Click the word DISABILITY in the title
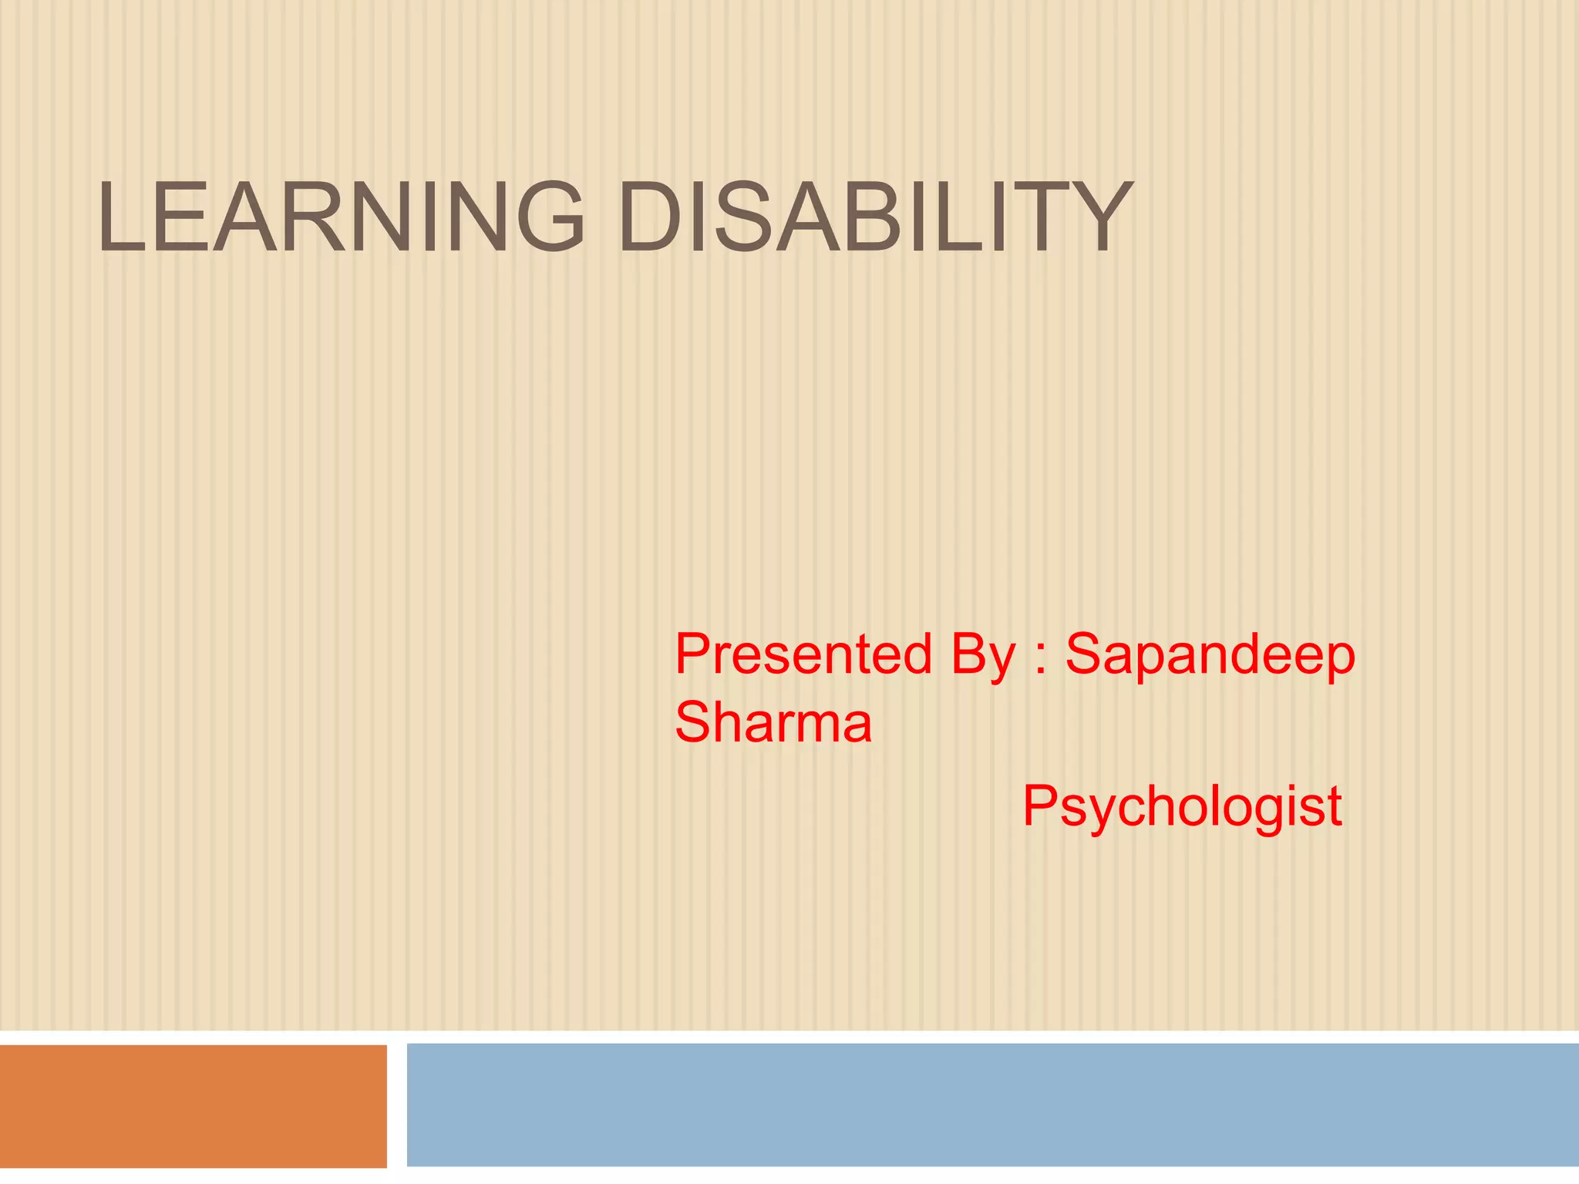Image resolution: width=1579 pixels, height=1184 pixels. [x=875, y=217]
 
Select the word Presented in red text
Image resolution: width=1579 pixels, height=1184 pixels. [x=803, y=654]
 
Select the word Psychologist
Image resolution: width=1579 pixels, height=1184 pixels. [x=1182, y=807]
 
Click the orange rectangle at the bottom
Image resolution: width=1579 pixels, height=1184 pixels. [x=193, y=1105]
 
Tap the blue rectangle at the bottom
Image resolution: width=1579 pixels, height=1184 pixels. [x=992, y=1104]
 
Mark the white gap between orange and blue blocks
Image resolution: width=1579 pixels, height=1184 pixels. [x=396, y=1105]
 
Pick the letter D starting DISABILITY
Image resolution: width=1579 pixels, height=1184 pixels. [x=650, y=217]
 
